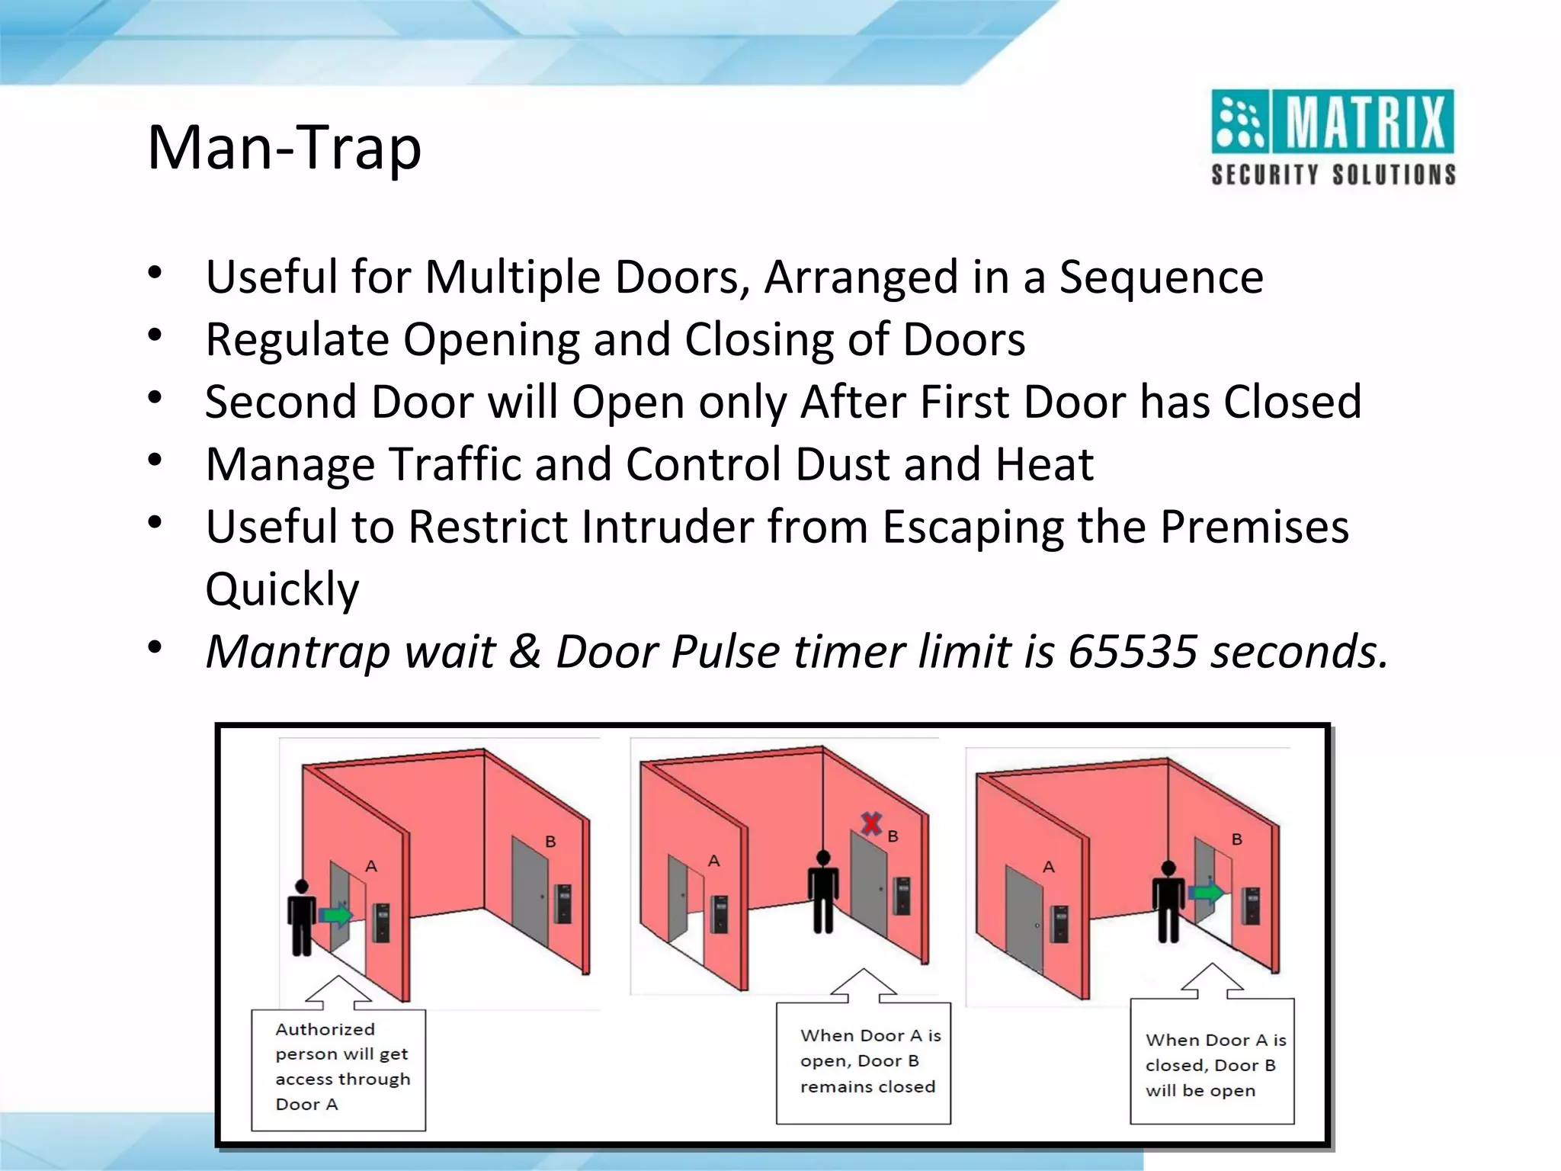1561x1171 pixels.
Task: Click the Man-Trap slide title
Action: click(284, 148)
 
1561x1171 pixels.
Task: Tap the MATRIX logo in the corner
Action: click(1332, 122)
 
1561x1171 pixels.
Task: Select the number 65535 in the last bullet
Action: click(1133, 652)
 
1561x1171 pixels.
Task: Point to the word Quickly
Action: click(282, 589)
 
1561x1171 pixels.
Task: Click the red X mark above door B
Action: click(871, 823)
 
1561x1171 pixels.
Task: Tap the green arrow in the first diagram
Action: click(335, 914)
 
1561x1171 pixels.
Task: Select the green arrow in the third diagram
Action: click(1206, 891)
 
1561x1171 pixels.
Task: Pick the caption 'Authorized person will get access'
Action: click(338, 1067)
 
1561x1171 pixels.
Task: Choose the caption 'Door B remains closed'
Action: click(864, 1061)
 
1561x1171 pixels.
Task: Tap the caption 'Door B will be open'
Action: click(1212, 1065)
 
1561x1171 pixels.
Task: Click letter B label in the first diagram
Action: click(550, 842)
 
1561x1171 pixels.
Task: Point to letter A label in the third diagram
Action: click(1049, 867)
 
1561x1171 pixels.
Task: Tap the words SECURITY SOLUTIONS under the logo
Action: click(1333, 175)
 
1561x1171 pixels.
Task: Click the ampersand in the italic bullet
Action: click(525, 652)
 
